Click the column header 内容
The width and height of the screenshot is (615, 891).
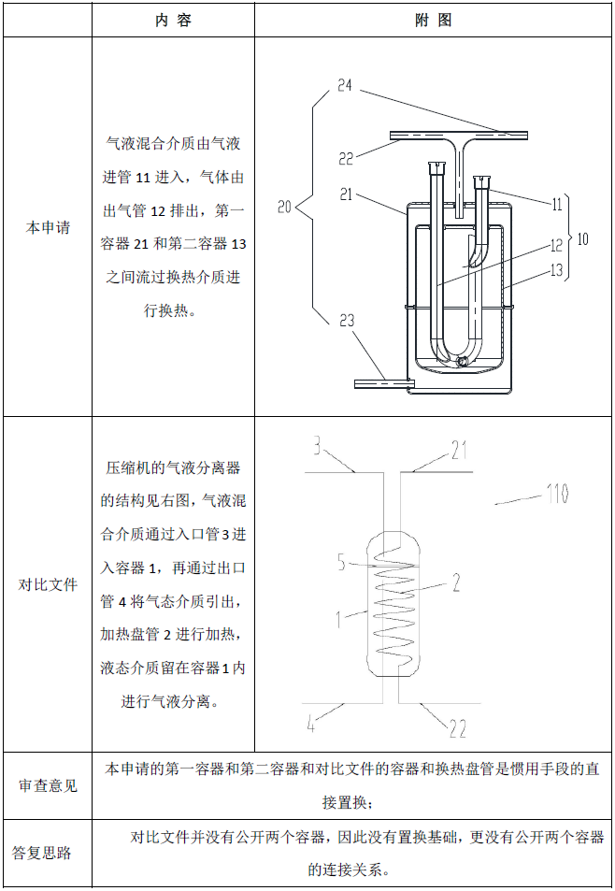[x=173, y=21]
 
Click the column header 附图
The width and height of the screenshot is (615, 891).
[x=434, y=21]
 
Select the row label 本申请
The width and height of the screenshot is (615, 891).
[x=48, y=227]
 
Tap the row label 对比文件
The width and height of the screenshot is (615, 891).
[x=48, y=584]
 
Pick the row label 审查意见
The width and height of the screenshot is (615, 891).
[x=48, y=785]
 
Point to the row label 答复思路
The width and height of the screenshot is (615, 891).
[x=41, y=853]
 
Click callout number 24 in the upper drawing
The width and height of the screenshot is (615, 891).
[x=345, y=85]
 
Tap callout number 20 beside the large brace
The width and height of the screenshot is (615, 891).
[x=284, y=207]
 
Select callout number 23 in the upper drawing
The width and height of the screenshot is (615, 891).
[x=347, y=321]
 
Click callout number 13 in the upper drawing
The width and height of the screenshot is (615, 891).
[x=556, y=270]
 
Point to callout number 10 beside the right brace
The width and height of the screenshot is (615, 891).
[x=582, y=238]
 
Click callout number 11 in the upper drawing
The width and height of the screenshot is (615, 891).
[x=557, y=204]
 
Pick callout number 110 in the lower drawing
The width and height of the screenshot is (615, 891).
[x=557, y=494]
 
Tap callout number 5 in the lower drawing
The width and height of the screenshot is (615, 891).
[x=341, y=561]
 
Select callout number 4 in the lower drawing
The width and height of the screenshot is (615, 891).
[x=310, y=724]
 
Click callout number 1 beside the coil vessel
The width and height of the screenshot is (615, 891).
[x=338, y=619]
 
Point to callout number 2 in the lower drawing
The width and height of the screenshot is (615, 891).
[x=456, y=582]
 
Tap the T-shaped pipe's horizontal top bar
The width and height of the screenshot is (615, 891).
[x=459, y=136]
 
